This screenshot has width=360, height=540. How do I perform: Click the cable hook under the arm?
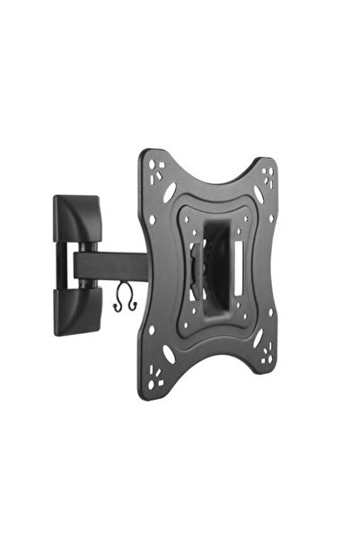123,299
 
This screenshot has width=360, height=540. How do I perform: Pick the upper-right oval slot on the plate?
259,195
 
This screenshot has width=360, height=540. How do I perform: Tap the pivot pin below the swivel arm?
87,283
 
